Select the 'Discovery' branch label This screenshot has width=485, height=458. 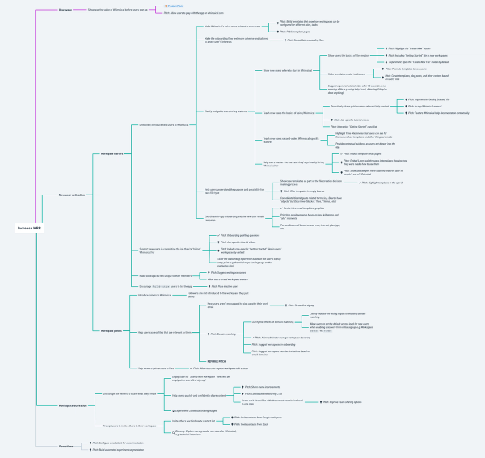(x=65, y=11)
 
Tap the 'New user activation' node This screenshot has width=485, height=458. (x=73, y=195)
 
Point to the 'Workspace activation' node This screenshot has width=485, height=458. (x=75, y=404)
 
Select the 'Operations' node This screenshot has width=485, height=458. (x=66, y=445)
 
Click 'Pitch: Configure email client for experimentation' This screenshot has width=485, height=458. (x=121, y=443)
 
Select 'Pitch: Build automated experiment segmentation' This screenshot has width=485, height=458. (x=122, y=449)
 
